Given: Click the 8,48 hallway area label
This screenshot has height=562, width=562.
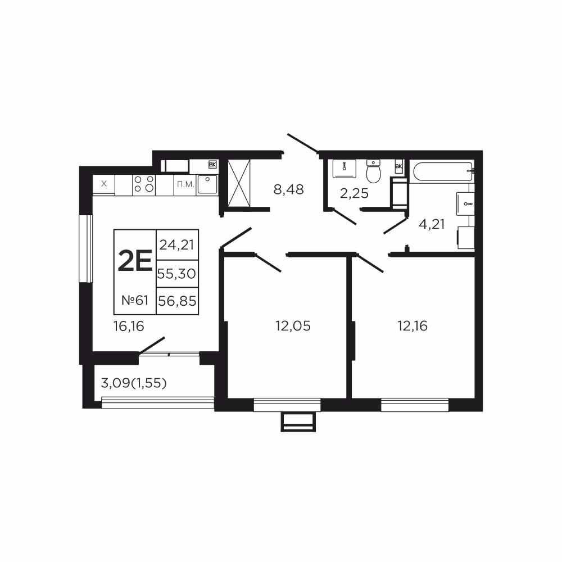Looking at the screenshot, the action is pos(288,189).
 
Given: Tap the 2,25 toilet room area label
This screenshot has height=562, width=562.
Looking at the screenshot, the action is pos(354,193).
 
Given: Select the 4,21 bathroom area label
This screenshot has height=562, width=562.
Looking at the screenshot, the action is pos(432,224).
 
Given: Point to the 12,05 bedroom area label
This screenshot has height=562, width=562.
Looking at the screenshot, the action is pos(293,326).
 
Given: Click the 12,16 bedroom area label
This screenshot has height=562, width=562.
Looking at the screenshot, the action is pos(413,326).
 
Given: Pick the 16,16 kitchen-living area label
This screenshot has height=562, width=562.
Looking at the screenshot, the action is pos(129,326).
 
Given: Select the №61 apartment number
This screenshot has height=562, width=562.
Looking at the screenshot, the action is pos(135,300).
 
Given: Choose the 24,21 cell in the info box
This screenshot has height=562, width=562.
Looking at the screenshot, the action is pos(177,245).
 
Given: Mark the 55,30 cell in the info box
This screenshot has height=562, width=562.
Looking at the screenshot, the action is pos(177,274).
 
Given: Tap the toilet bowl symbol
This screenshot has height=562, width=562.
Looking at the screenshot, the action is pos(374,171).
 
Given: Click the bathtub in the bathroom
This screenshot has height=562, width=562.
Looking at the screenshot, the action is pos(443,173).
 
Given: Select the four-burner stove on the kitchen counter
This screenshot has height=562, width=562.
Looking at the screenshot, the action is pos(144,184).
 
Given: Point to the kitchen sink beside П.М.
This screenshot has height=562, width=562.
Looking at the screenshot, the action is pos(207,184).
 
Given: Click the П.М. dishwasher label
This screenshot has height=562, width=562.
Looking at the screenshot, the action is pos(185,185).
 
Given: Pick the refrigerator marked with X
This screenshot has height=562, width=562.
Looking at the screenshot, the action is pos(104,184).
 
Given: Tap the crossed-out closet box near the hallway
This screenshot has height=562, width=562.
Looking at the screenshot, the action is pos(239,183).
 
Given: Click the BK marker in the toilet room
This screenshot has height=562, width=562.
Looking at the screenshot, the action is pos(398,166).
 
